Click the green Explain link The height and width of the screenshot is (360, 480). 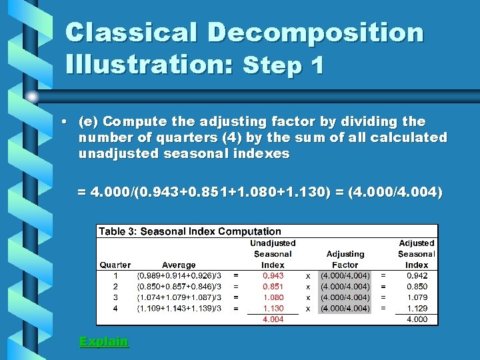pyautogui.click(x=103, y=342)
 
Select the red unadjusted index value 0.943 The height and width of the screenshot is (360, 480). pyautogui.click(x=273, y=275)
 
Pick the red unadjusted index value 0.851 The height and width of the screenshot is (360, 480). pyautogui.click(x=273, y=287)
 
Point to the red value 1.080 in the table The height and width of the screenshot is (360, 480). pyautogui.click(x=273, y=297)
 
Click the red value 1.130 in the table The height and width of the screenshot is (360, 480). pyautogui.click(x=273, y=309)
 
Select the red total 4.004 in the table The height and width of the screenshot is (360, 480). pyautogui.click(x=273, y=320)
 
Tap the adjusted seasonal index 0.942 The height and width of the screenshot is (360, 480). pyautogui.click(x=417, y=275)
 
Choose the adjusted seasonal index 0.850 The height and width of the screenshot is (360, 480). pyautogui.click(x=417, y=287)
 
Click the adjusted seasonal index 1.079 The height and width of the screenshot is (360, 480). pyautogui.click(x=417, y=297)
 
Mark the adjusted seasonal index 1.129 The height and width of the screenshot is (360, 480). pyautogui.click(x=417, y=309)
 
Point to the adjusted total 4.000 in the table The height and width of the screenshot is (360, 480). pyautogui.click(x=417, y=320)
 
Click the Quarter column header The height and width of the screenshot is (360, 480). pyautogui.click(x=115, y=265)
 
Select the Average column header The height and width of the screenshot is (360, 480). pyautogui.click(x=179, y=265)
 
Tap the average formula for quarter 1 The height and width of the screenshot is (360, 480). pyautogui.click(x=179, y=275)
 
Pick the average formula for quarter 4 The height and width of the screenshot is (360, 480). pyautogui.click(x=179, y=309)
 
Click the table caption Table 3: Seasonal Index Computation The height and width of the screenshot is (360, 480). pyautogui.click(x=190, y=231)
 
